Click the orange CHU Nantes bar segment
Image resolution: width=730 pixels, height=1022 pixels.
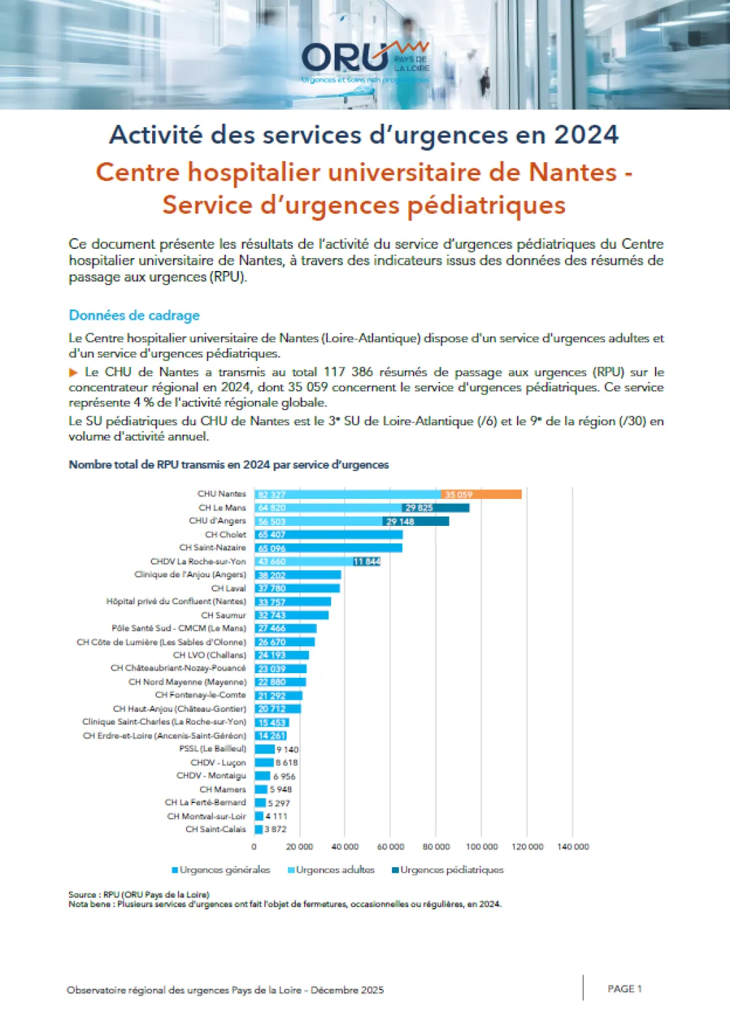coord(481,494)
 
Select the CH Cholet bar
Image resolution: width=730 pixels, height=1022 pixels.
coord(328,535)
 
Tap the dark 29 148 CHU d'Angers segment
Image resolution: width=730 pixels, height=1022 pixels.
coord(415,521)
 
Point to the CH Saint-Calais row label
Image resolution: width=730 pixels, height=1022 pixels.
coord(216,829)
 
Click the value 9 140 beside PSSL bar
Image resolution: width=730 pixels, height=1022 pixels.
coord(287,750)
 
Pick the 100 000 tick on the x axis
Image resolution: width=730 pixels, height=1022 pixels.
coord(481,847)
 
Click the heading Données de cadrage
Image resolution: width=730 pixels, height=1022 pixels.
coord(135,315)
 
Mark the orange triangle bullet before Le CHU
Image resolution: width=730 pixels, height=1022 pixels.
coord(74,372)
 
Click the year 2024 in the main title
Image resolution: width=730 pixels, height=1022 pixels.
coord(586,135)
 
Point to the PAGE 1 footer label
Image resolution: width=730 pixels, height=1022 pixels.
coord(625,989)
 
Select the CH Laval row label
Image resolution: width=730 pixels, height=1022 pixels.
coord(228,589)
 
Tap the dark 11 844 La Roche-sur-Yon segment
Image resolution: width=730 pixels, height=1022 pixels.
coord(367,562)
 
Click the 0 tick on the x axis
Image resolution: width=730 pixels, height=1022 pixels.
coord(254,847)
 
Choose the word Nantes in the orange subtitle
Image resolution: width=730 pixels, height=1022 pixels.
coord(573,172)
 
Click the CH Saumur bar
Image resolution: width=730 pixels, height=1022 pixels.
coord(291,615)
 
